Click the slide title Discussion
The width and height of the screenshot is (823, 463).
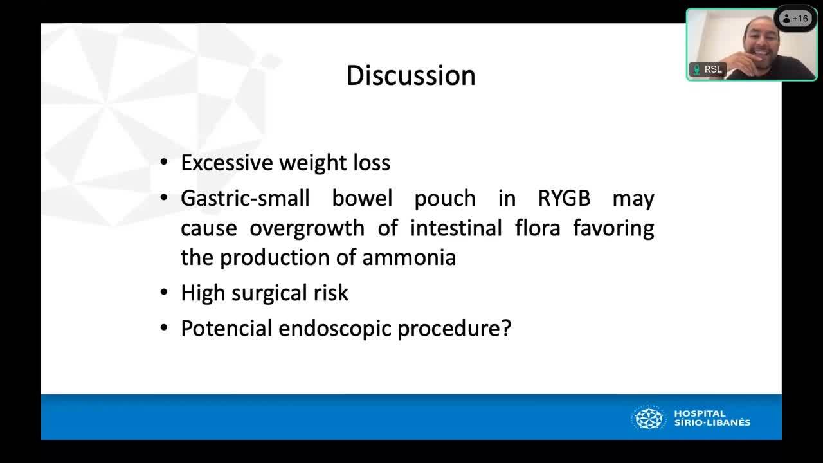pyautogui.click(x=411, y=75)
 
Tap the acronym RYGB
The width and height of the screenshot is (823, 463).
pyautogui.click(x=564, y=198)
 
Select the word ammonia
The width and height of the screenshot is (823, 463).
pyautogui.click(x=409, y=257)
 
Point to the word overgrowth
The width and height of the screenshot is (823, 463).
pyautogui.click(x=307, y=228)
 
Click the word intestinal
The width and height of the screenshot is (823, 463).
pyautogui.click(x=456, y=228)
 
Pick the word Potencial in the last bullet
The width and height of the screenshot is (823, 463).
pyautogui.click(x=226, y=328)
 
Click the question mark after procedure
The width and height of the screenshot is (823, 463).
pyautogui.click(x=506, y=328)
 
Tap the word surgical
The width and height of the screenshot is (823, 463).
pyautogui.click(x=269, y=293)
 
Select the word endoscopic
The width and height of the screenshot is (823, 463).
pyautogui.click(x=334, y=329)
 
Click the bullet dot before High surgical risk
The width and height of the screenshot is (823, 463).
pyautogui.click(x=164, y=293)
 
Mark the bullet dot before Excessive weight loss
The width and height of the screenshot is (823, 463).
pyautogui.click(x=164, y=163)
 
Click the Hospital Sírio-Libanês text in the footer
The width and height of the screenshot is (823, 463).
pyautogui.click(x=712, y=418)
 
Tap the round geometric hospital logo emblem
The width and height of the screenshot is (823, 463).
pyautogui.click(x=649, y=418)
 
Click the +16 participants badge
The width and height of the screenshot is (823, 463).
pyautogui.click(x=795, y=19)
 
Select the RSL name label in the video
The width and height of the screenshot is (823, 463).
pyautogui.click(x=713, y=69)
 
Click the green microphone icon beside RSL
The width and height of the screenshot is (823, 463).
pyautogui.click(x=696, y=69)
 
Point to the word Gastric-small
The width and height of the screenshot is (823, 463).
pyautogui.click(x=245, y=198)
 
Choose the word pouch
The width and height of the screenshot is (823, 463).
pyautogui.click(x=445, y=199)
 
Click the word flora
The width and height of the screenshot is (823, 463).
pyautogui.click(x=538, y=228)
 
